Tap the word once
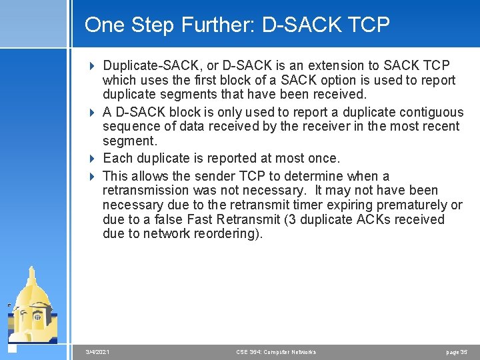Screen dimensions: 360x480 (x=323, y=158)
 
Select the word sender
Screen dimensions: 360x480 (x=215, y=176)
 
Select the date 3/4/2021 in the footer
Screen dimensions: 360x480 (x=98, y=352)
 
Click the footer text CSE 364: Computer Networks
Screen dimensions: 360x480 (x=276, y=352)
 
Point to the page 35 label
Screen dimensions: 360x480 (x=457, y=352)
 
